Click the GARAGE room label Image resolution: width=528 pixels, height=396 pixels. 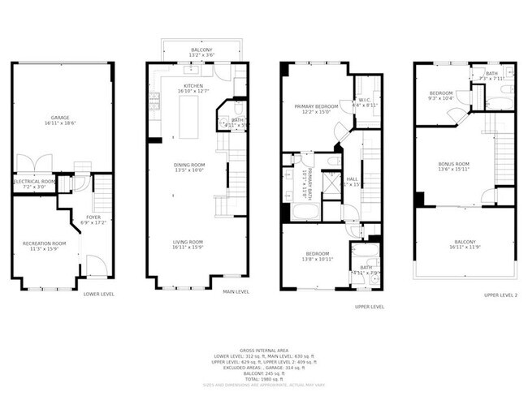click(x=56, y=118)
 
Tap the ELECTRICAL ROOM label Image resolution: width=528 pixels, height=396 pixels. click(x=35, y=181)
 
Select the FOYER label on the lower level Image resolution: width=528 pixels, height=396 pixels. click(x=93, y=217)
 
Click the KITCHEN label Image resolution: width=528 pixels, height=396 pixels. click(x=193, y=85)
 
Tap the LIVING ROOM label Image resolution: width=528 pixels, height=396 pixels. click(x=188, y=242)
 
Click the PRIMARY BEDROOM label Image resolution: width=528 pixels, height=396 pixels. click(x=314, y=105)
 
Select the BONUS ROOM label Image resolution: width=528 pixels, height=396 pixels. click(x=454, y=164)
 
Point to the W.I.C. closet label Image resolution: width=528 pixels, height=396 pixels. click(x=361, y=99)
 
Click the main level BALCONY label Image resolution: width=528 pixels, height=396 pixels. click(x=202, y=49)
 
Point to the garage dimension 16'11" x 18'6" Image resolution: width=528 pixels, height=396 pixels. click(x=56, y=123)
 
